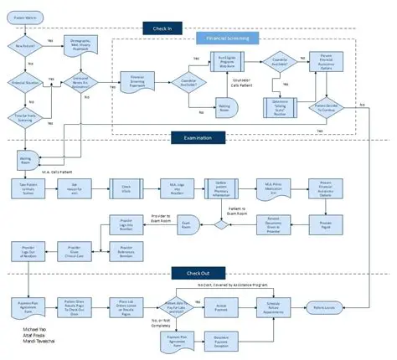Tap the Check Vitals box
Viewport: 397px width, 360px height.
coord(126,188)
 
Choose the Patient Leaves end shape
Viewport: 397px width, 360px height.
coord(324,307)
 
